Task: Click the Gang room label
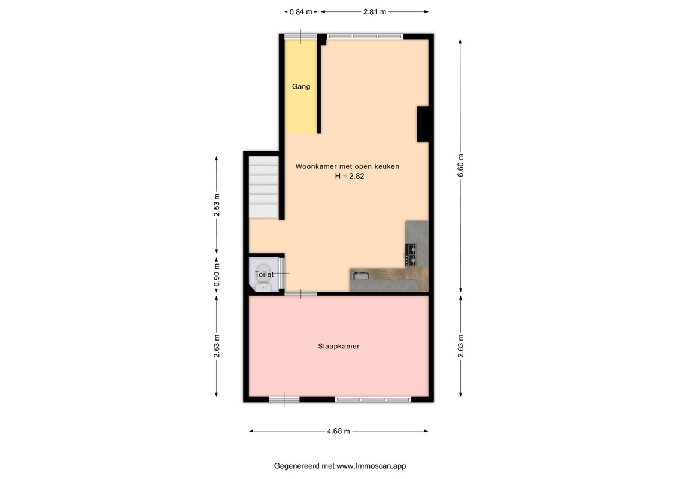pyautogui.click(x=301, y=86)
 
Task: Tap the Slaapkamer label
pyautogui.click(x=339, y=346)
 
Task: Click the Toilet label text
pyautogui.click(x=264, y=274)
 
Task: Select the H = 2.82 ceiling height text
pyautogui.click(x=350, y=176)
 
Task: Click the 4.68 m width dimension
pyautogui.click(x=339, y=431)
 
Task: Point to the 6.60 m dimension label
pyautogui.click(x=461, y=165)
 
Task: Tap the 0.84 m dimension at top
pyautogui.click(x=300, y=12)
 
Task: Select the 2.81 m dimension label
pyautogui.click(x=374, y=12)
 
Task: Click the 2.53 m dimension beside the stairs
pyautogui.click(x=217, y=205)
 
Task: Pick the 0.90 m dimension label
pyautogui.click(x=217, y=275)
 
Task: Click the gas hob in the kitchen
pyautogui.click(x=410, y=255)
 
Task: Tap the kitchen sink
pyautogui.click(x=360, y=275)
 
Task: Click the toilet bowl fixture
pyautogui.click(x=263, y=279)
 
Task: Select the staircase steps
pyautogui.click(x=263, y=187)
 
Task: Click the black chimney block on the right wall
pyautogui.click(x=422, y=124)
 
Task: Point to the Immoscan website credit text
pyautogui.click(x=340, y=466)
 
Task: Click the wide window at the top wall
pyautogui.click(x=365, y=37)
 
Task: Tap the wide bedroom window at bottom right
pyautogui.click(x=373, y=400)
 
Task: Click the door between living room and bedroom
pyautogui.click(x=301, y=294)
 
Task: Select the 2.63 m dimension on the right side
pyautogui.click(x=461, y=346)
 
